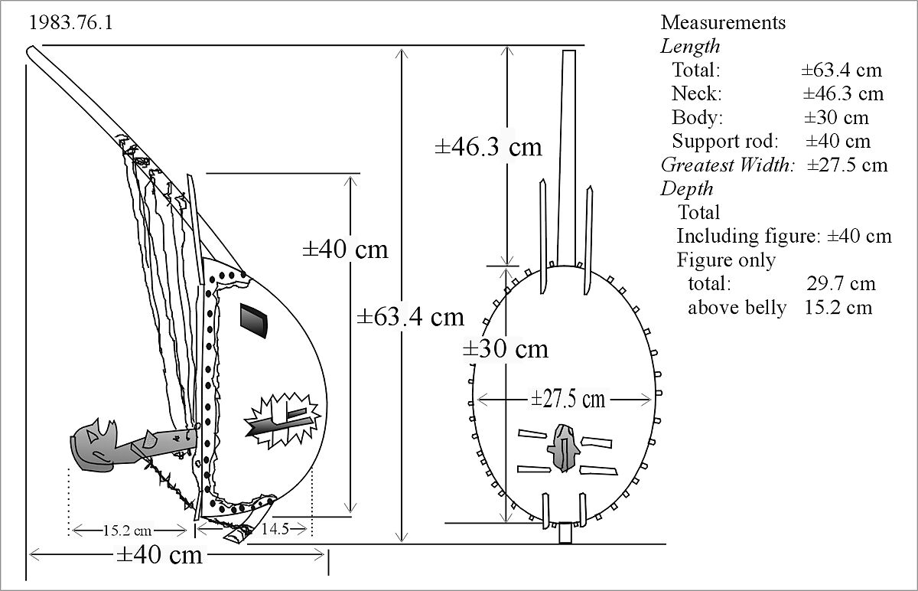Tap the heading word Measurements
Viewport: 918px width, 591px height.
723,22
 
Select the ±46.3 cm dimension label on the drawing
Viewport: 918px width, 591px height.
489,146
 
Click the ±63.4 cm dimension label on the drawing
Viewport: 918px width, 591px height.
410,316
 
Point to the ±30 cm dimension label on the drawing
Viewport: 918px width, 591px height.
506,349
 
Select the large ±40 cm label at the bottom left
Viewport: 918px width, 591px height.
159,555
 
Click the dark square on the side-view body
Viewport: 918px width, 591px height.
254,319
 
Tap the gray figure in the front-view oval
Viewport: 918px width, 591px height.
564,447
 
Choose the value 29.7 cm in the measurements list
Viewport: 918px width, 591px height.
841,284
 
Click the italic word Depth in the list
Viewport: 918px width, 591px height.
687,189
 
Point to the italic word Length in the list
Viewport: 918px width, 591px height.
690,46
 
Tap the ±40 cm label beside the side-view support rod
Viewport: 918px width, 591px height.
344,250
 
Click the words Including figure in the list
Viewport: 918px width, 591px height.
748,237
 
